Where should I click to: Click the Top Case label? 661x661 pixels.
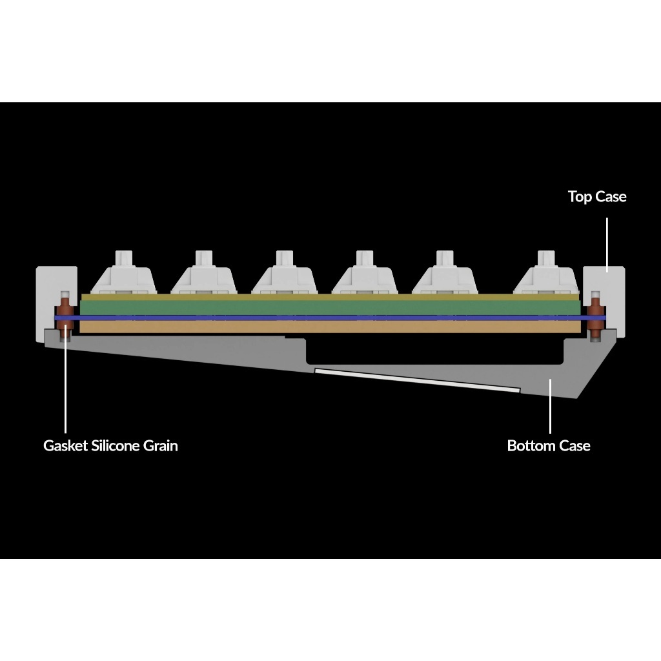click(x=597, y=197)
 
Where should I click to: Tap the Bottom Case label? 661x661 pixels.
click(x=549, y=445)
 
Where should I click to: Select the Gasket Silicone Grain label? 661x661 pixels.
click(x=110, y=445)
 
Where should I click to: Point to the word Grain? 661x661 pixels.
click(x=161, y=445)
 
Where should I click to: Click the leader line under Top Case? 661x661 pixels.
click(x=607, y=245)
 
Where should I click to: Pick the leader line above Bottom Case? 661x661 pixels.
click(x=550, y=406)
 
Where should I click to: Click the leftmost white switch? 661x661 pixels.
click(x=124, y=273)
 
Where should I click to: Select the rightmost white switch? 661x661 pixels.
click(x=546, y=273)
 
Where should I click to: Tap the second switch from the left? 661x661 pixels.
click(x=204, y=273)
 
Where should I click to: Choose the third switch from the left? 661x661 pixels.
click(x=285, y=273)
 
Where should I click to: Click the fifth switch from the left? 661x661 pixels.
click(x=445, y=273)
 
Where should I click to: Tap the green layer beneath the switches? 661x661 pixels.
click(x=330, y=307)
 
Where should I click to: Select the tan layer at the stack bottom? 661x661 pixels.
click(x=330, y=327)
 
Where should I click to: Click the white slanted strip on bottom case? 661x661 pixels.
click(x=418, y=380)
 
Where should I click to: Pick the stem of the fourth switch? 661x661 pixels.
click(x=365, y=258)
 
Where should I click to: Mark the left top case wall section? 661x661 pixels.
click(x=56, y=303)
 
